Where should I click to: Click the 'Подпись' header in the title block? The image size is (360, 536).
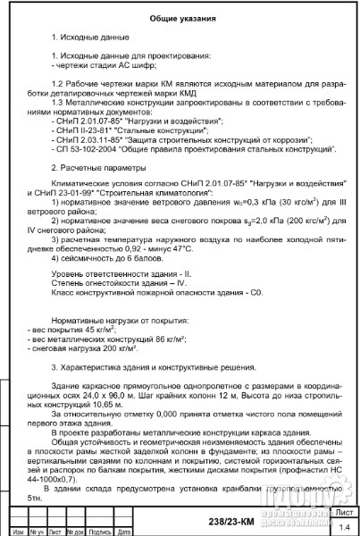pyautogui.click(x=105, y=531)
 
